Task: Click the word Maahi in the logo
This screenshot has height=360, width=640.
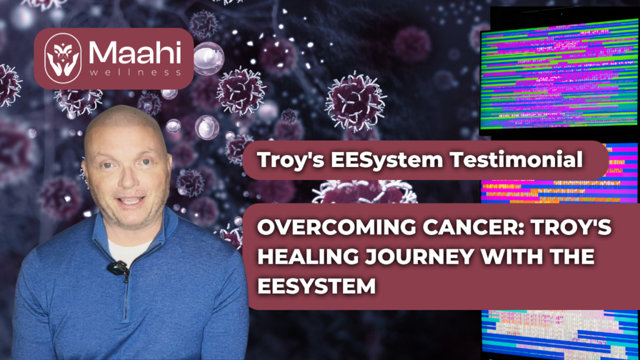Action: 135,53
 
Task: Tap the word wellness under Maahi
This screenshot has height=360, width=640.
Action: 135,72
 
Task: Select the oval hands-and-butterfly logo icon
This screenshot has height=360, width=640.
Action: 62,58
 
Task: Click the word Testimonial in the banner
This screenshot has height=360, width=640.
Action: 516,159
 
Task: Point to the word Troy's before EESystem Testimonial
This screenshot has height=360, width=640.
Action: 291,160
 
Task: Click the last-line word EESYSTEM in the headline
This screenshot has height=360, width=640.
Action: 316,286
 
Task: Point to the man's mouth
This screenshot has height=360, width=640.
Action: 130,201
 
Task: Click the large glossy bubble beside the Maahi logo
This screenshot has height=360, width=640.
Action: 209,58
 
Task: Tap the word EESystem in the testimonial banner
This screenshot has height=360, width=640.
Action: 387,160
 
